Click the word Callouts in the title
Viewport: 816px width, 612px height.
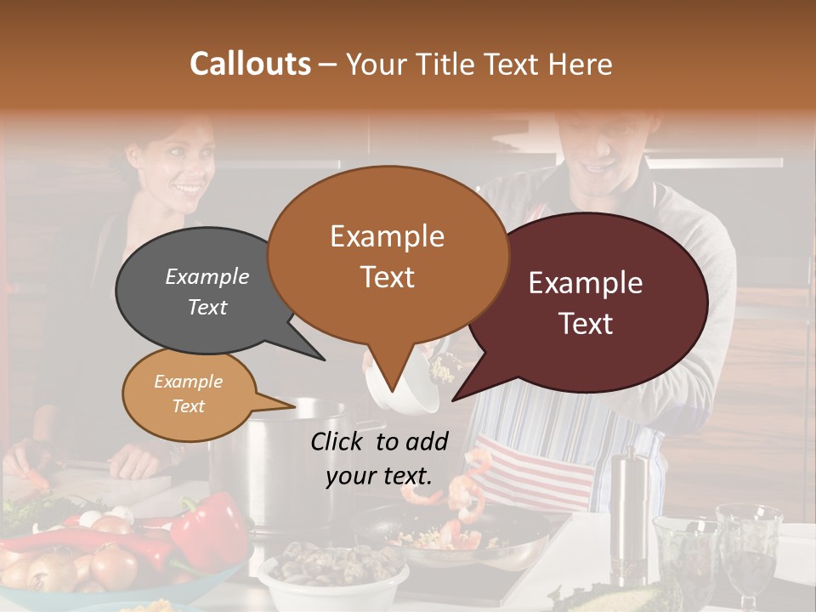point(250,64)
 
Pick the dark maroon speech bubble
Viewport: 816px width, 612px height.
point(595,302)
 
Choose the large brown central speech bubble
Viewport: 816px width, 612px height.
point(387,255)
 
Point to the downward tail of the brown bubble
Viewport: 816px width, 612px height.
point(390,378)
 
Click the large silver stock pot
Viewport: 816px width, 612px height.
point(280,459)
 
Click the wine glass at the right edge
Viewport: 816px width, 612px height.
point(748,544)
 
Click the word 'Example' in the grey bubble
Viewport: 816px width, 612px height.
point(207,277)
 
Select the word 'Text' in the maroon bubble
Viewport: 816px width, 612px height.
point(586,324)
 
